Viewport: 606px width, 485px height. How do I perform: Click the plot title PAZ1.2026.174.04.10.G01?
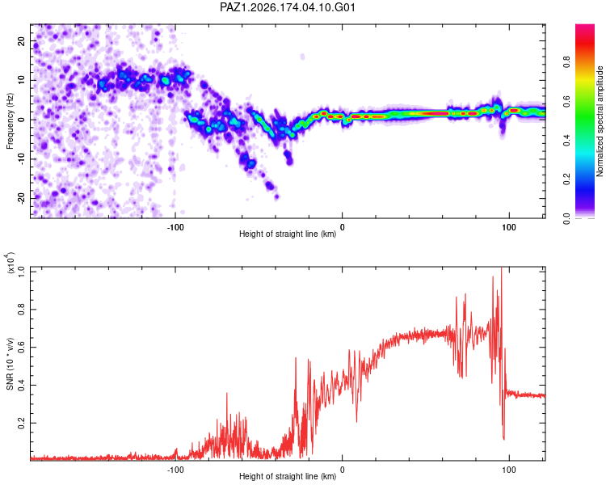pos(287,7)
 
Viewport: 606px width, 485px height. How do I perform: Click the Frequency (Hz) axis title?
pos(10,121)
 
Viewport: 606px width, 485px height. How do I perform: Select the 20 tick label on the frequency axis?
pos(21,41)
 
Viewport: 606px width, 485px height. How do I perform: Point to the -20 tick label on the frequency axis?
pos(21,198)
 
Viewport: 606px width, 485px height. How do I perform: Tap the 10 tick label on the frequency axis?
pos(21,80)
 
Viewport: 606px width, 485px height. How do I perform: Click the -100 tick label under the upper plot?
pos(175,227)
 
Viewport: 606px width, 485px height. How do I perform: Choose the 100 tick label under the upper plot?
pos(509,227)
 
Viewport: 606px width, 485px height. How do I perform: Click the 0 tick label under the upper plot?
pos(342,227)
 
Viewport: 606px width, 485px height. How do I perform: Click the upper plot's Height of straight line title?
pos(288,234)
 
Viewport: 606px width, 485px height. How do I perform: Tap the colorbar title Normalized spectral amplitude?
pos(600,121)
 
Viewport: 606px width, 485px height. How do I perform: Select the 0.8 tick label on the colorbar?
pos(566,62)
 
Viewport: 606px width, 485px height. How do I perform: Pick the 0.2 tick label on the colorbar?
pos(566,179)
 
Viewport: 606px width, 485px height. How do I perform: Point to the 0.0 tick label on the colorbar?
pos(566,218)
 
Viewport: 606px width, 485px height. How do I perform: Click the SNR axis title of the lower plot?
pos(10,364)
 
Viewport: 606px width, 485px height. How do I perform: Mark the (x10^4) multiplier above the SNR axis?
pos(11,263)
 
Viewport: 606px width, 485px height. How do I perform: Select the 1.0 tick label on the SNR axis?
pos(21,272)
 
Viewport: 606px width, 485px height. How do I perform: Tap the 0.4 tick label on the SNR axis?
pos(21,386)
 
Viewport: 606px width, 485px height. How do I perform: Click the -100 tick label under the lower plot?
pos(175,470)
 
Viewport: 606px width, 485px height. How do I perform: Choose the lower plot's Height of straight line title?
pos(288,476)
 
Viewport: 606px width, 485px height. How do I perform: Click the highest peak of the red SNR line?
pos(501,268)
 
